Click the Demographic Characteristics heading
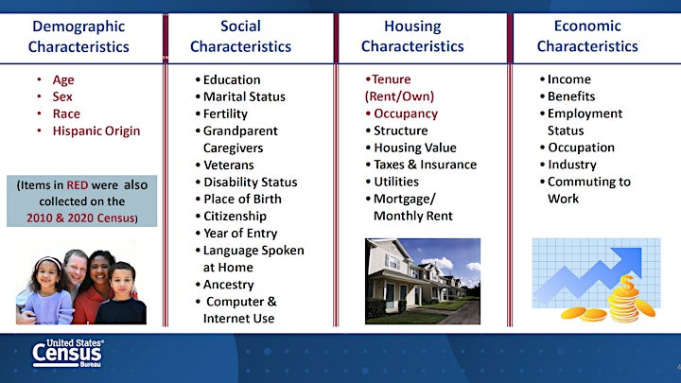79,37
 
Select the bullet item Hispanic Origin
96,131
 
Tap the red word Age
63,80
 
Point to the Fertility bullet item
225,113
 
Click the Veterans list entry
229,165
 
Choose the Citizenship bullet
235,216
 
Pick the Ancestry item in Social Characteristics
229,285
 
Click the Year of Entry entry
240,234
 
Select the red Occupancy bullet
406,113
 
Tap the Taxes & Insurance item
426,165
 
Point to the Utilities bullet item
396,182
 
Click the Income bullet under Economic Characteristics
569,79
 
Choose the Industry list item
572,165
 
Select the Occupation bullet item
581,148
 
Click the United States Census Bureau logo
68,353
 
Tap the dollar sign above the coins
627,282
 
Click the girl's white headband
48,261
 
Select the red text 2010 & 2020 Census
80,218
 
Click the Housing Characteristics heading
412,36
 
